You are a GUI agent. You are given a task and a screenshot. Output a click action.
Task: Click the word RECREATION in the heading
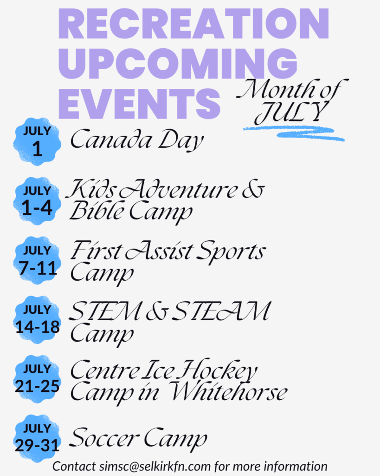[193, 24]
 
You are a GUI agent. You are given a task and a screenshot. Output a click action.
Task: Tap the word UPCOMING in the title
[178, 64]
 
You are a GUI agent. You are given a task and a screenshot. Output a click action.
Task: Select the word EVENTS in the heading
[139, 104]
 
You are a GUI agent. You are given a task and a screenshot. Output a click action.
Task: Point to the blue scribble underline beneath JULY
[293, 132]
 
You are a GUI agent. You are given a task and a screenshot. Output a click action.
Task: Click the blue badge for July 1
[37, 141]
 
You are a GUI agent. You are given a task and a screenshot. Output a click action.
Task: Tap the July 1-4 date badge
[37, 201]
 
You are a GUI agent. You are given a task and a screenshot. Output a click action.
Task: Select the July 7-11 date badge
[37, 260]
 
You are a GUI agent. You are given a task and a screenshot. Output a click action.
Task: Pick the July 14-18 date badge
[37, 320]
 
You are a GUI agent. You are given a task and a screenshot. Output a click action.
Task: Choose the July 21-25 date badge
[37, 379]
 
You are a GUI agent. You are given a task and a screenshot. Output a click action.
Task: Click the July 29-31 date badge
[37, 439]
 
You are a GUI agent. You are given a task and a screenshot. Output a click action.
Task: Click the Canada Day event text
[137, 139]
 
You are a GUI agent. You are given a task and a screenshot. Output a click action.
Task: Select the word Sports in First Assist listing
[231, 251]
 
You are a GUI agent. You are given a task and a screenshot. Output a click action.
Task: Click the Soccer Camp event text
[138, 438]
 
